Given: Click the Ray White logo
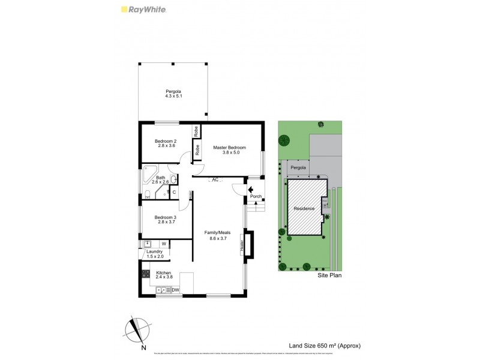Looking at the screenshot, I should point(143,10).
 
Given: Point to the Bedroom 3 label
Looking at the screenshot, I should point(165,220).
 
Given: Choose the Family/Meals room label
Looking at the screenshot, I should point(217,235).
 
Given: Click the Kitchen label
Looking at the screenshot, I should point(164,274).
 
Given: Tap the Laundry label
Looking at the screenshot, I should point(155,254).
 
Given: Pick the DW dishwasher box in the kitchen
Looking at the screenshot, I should point(176,290).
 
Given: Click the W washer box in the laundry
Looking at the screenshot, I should point(163,244).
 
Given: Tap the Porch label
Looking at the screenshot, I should point(255,196).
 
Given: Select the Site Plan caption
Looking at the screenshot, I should point(329,276).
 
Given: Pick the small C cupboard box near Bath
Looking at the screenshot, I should point(173,192).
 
